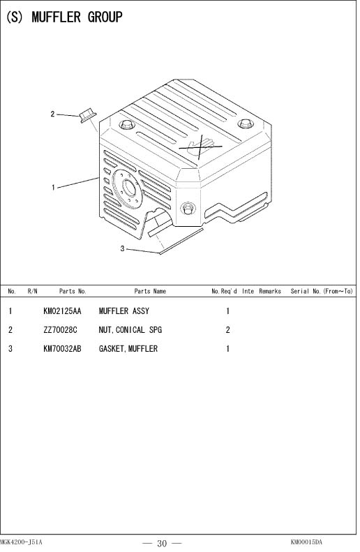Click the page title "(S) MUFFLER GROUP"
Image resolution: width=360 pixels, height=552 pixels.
(x=64, y=17)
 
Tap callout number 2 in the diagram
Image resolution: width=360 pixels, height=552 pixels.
(x=52, y=114)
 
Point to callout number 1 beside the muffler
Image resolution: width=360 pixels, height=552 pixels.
(x=53, y=187)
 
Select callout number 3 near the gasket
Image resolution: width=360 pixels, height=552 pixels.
(x=122, y=248)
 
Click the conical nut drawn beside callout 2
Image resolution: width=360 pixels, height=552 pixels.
(x=88, y=116)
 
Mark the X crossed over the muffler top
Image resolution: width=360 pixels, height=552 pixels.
(x=201, y=147)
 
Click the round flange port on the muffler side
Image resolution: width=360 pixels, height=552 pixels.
(x=127, y=189)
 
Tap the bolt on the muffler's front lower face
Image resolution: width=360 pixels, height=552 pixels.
(x=188, y=208)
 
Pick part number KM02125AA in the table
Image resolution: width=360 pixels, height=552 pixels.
(x=62, y=311)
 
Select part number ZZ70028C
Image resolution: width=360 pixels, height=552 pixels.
(x=60, y=330)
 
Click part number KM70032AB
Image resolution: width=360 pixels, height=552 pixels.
(x=62, y=348)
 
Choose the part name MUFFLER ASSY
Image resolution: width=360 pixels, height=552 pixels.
(x=124, y=311)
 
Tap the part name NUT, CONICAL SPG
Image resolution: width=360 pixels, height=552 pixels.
(x=130, y=330)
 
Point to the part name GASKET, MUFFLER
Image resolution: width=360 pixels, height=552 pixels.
(x=128, y=348)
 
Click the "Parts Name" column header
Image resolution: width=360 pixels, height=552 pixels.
(x=150, y=291)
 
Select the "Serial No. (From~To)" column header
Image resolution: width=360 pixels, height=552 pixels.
(x=322, y=291)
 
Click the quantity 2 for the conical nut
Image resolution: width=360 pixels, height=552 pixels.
(x=227, y=330)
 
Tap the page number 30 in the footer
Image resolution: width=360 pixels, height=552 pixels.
(x=162, y=544)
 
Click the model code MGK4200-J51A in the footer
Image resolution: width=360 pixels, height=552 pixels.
(x=21, y=542)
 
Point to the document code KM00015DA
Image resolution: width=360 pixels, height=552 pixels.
(x=306, y=542)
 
